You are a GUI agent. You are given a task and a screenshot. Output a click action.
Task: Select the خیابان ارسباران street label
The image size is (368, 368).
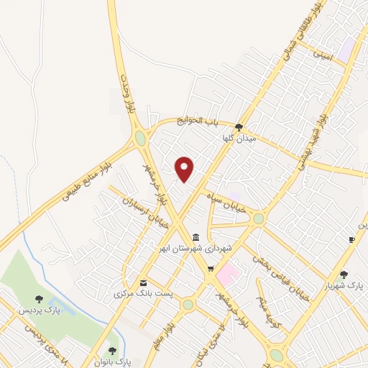146,215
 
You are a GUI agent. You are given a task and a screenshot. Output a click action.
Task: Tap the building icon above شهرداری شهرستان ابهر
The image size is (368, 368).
195,237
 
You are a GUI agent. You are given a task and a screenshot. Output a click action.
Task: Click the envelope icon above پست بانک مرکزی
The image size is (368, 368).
143,283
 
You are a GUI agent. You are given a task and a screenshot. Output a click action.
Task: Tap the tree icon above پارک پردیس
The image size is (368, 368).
39,299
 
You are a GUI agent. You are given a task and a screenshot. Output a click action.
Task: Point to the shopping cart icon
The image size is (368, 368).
210,269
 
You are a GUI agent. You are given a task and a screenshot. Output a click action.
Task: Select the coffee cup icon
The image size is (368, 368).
351,239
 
